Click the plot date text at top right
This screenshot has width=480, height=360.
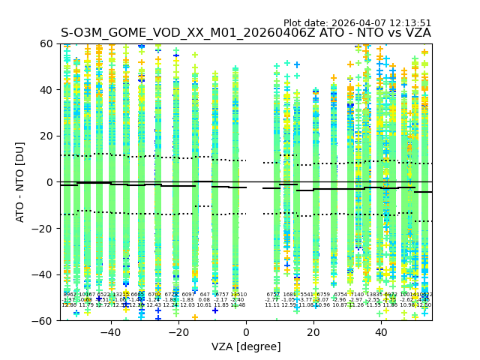[x=357, y=23]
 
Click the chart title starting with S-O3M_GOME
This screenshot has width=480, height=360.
[x=245, y=34]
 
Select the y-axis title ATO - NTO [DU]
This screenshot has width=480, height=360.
[x=20, y=182]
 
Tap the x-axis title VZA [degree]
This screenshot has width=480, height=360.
[x=246, y=346]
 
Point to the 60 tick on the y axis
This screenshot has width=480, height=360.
[x=46, y=44]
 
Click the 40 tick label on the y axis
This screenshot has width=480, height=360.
[x=46, y=90]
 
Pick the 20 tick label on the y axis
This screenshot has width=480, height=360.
[x=46, y=136]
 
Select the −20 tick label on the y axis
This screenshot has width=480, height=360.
[x=43, y=229]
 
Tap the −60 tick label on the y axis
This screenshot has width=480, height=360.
[x=43, y=321]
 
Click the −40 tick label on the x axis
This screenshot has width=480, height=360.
[x=110, y=332]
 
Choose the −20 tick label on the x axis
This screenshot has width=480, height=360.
[x=178, y=332]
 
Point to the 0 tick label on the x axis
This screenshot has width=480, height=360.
[x=246, y=332]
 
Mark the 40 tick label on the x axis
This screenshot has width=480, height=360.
[x=381, y=332]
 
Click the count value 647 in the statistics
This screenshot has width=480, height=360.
[x=205, y=295]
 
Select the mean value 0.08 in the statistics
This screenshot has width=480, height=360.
[x=204, y=300]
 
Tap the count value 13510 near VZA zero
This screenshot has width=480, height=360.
[x=238, y=295]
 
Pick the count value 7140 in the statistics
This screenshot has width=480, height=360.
[x=356, y=295]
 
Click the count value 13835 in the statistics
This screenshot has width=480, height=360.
[x=374, y=295]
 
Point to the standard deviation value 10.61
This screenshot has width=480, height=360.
[x=204, y=305]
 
